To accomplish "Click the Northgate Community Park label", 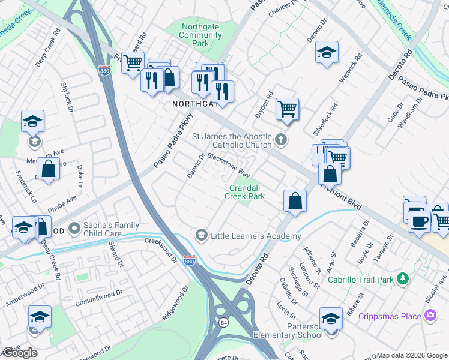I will pyautogui.click(x=200, y=35).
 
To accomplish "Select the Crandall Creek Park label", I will pyautogui.click(x=245, y=192).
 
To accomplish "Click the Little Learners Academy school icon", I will pyautogui.click(x=202, y=235).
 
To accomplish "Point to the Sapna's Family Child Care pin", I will pyautogui.click(x=74, y=229).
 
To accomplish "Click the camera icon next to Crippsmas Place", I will pyautogui.click(x=430, y=315).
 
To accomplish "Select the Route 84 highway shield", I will pyautogui.click(x=223, y=323).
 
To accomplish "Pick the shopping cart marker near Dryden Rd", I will pyautogui.click(x=288, y=109).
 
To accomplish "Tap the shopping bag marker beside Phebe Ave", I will pyautogui.click(x=48, y=169).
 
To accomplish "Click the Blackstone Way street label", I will pyautogui.click(x=228, y=164).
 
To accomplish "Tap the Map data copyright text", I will pyautogui.click(x=411, y=355).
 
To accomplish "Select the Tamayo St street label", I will pyautogui.click(x=382, y=247).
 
